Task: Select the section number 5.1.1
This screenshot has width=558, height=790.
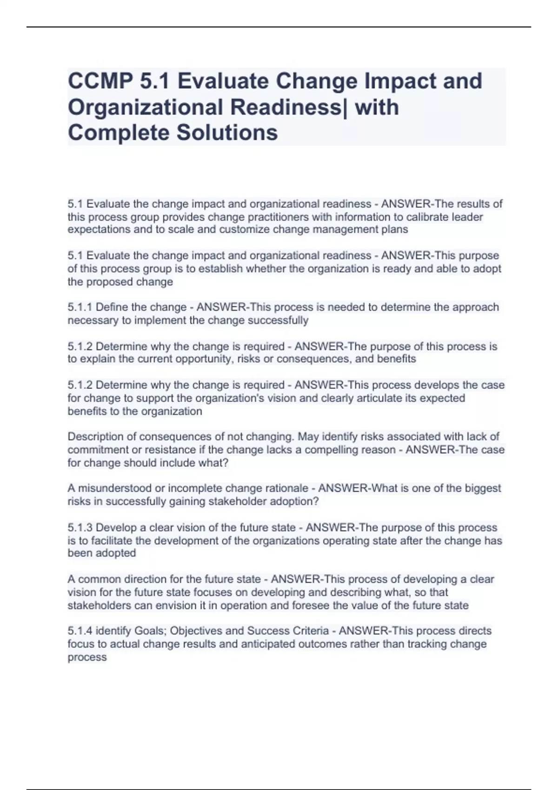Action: [x=80, y=307]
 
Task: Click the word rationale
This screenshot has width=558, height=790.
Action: [x=288, y=488]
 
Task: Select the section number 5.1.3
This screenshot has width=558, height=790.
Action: [x=80, y=528]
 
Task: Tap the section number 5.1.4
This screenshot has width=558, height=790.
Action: [x=80, y=631]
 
